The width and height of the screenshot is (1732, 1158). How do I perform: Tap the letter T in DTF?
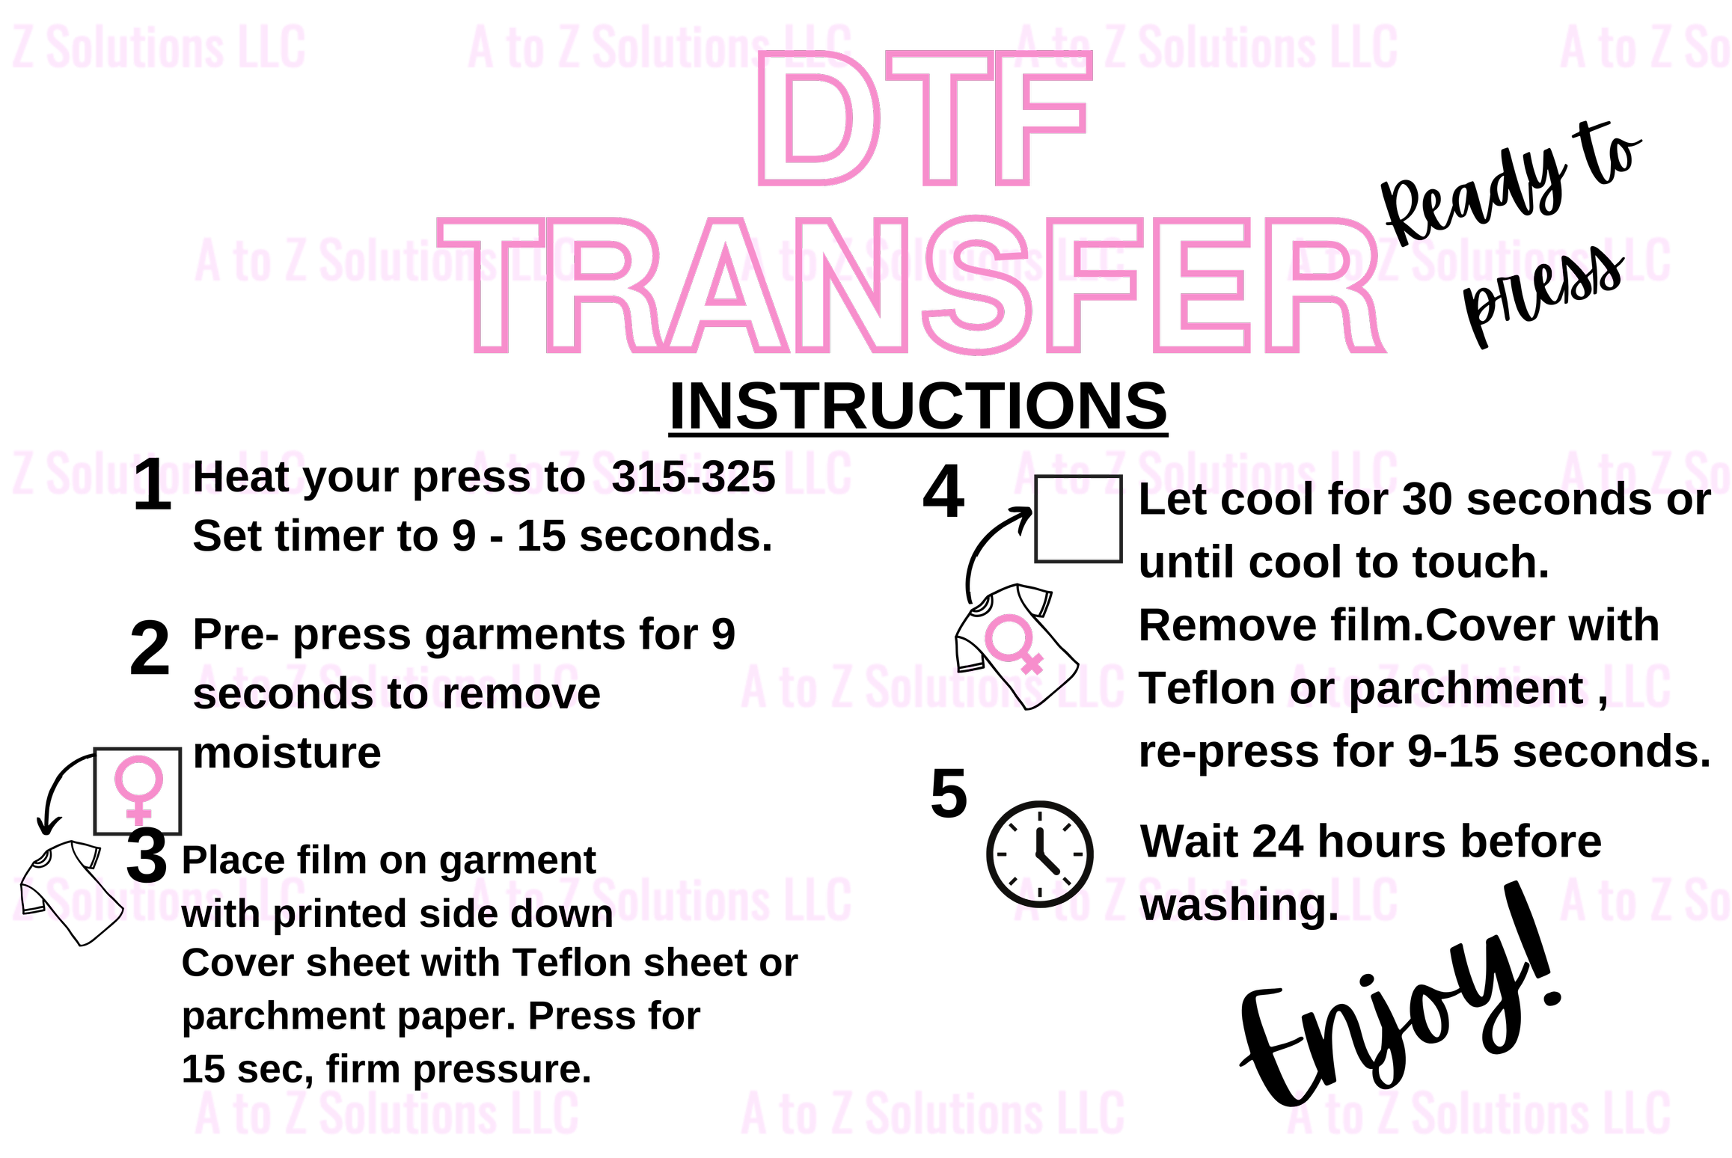pos(940,120)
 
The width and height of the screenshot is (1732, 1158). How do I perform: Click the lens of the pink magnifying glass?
pos(1009,638)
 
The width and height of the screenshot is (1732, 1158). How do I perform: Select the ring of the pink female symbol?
pos(138,781)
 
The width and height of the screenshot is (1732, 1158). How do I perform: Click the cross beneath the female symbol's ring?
pos(138,814)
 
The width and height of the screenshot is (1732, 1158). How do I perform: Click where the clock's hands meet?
pos(1039,854)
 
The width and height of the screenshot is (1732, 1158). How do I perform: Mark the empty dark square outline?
pos(1078,519)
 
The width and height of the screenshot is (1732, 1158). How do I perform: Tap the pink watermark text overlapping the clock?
pos(1205,899)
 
